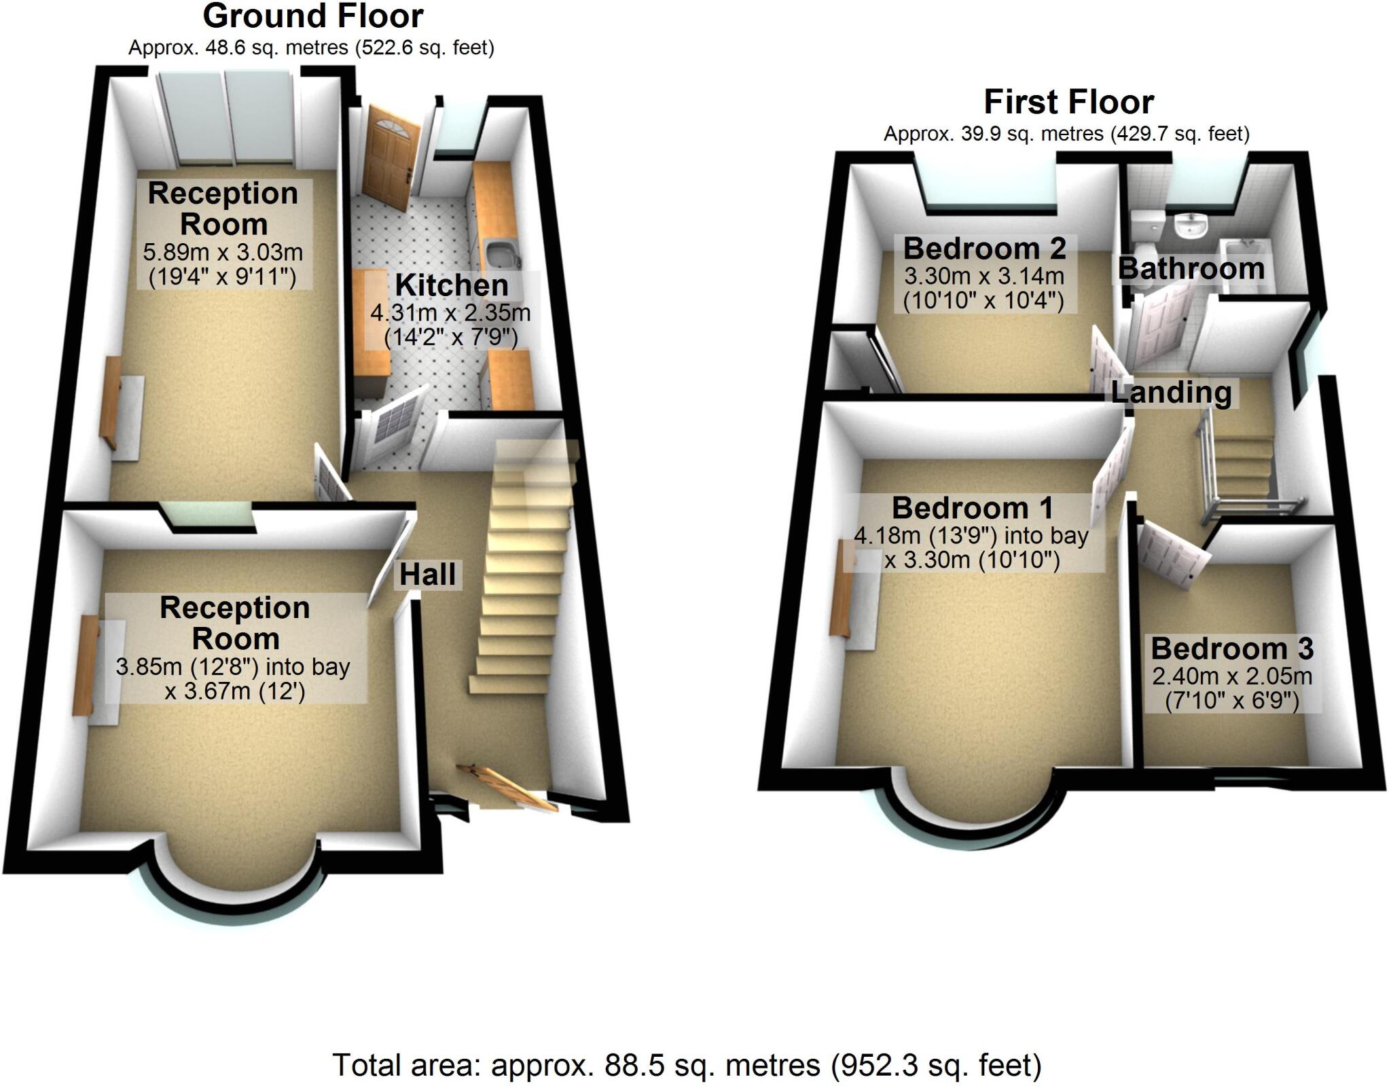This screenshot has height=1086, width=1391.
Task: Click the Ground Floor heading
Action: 313,16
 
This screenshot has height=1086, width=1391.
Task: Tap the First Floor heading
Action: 1068,103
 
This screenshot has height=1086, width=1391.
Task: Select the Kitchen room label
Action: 452,285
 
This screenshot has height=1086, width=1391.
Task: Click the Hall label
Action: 427,575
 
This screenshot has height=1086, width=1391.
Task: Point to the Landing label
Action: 1172,393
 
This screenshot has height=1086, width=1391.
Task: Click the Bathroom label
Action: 1191,268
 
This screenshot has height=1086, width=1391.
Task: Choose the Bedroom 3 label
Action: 1232,649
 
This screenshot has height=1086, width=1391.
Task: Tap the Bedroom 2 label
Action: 984,249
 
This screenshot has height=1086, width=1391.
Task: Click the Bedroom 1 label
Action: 972,508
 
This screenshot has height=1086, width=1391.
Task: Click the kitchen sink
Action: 503,255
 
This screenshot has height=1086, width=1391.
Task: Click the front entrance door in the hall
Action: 506,788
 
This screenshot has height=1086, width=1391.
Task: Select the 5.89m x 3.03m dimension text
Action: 223,253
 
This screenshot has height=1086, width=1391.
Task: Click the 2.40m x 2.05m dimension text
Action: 1232,676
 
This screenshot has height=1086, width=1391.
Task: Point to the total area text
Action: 687,1065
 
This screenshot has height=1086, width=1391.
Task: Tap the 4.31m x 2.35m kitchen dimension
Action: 450,313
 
